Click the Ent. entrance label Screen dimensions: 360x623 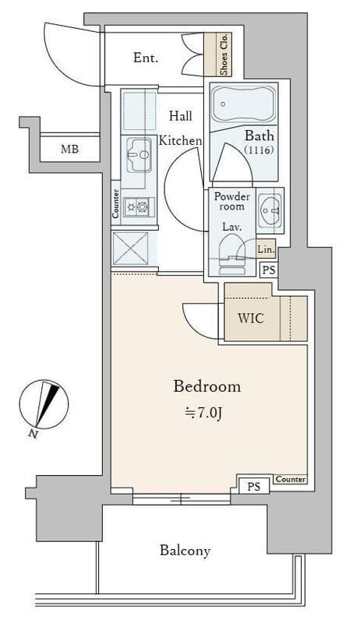pos(146,58)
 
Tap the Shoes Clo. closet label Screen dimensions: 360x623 pos(224,55)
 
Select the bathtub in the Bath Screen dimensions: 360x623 pos(243,104)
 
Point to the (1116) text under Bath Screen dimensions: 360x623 pos(259,150)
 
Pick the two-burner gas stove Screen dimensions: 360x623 pos(138,206)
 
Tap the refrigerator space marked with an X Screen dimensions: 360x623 pos(130,248)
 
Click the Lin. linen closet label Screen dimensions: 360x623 pos(266,250)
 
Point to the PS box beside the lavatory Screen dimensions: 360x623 pos(269,270)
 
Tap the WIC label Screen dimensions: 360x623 pos(250,319)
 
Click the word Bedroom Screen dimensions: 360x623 pos(207,386)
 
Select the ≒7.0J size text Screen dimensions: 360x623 pos(203,414)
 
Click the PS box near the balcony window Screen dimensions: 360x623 pos(253,486)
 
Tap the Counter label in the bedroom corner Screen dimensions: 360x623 pos(291,479)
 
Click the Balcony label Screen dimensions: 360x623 pos(185,551)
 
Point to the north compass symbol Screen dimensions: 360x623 pos(44,404)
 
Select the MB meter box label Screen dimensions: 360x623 pos(69,150)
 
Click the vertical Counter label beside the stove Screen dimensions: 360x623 pos(115,203)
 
